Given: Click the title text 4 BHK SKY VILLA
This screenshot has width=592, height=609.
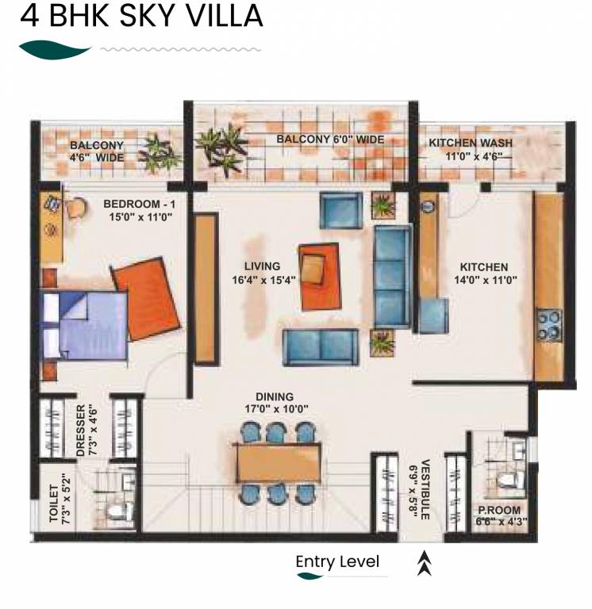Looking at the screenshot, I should click(141, 17).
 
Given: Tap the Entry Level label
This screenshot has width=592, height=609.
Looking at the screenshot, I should click(337, 562).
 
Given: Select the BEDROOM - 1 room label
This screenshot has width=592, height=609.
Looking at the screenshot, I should click(138, 209).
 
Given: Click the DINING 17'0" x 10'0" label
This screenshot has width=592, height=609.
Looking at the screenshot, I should click(275, 403).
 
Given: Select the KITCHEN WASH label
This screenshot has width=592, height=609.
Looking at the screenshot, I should click(471, 149).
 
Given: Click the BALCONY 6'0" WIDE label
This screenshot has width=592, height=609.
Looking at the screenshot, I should click(330, 140).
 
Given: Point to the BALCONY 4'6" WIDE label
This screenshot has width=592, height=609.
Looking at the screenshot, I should click(97, 151).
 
